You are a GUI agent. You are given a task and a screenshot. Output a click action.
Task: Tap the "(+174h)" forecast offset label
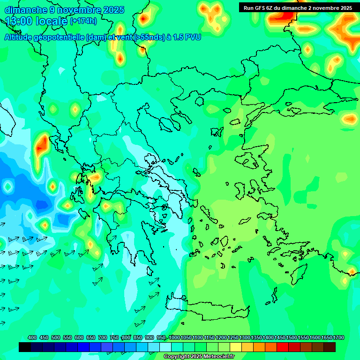(83, 21)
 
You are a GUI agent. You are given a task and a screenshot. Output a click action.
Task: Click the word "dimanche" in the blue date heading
(26, 10)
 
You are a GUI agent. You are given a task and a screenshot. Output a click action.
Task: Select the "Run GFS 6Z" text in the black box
(260, 8)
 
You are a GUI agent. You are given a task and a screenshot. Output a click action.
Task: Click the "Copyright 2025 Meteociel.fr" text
(199, 357)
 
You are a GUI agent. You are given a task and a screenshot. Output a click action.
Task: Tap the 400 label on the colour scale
(32, 337)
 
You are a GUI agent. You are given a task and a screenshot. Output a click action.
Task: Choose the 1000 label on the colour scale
(174, 337)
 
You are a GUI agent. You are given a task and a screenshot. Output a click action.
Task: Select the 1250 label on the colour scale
(233, 337)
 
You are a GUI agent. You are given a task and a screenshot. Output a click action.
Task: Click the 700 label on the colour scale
(103, 337)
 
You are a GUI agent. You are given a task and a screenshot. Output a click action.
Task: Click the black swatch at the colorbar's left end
(25, 347)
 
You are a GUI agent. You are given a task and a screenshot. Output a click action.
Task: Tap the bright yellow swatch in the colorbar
(236, 347)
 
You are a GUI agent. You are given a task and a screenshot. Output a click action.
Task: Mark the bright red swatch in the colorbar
(283, 347)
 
